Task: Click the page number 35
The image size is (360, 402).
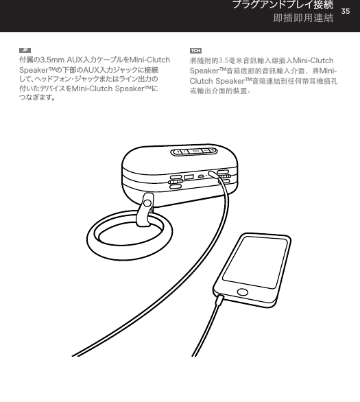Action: click(x=346, y=13)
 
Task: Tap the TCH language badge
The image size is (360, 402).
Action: click(x=195, y=51)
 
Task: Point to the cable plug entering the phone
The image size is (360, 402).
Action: click(x=219, y=300)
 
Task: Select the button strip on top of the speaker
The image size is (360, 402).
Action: click(x=194, y=152)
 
